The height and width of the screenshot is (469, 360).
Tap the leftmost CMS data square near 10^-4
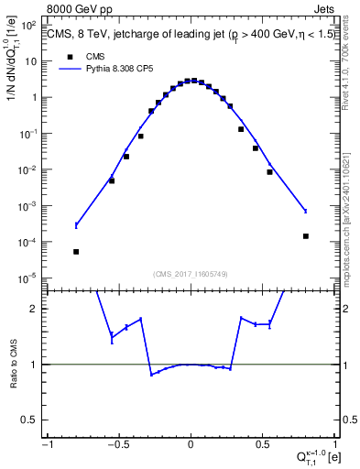point(76,252)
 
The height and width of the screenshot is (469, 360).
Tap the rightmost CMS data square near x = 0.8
point(305,236)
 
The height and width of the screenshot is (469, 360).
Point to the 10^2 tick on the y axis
point(33,26)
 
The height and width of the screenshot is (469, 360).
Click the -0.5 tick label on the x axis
point(118,445)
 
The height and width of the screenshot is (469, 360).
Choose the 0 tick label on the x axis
point(191,445)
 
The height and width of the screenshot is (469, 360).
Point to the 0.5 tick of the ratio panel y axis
point(36,420)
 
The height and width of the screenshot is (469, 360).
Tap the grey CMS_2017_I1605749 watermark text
point(190,273)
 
